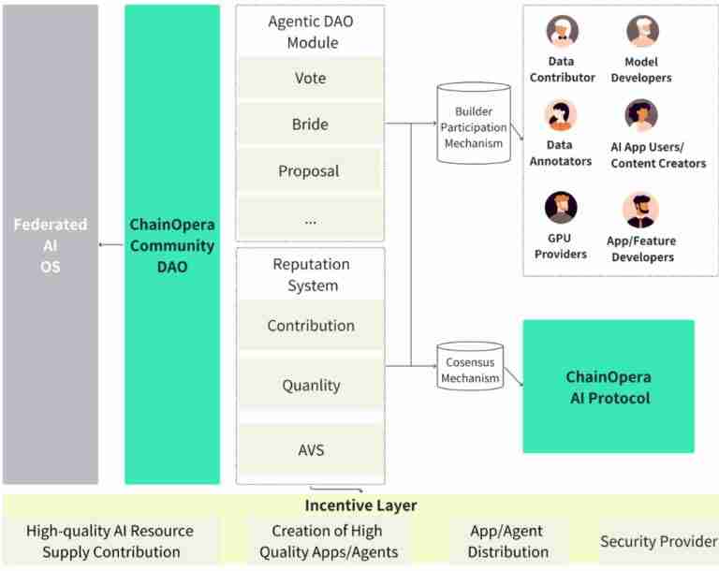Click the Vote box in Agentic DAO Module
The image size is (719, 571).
(x=310, y=79)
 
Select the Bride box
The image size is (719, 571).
(x=310, y=124)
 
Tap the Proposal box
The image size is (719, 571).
(x=309, y=171)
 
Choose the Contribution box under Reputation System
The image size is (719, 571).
(x=310, y=326)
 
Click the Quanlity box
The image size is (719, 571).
(x=310, y=385)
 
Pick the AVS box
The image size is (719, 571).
(x=310, y=449)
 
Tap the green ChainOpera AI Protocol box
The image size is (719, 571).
(x=608, y=387)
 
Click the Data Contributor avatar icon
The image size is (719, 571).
(x=562, y=31)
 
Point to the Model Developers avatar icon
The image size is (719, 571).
(x=642, y=31)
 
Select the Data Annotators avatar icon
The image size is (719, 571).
(x=562, y=116)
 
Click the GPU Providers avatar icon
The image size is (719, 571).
(x=561, y=207)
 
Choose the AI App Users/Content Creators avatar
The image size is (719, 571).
(x=642, y=116)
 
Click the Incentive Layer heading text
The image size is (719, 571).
(x=360, y=505)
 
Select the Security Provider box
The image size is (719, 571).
(x=658, y=541)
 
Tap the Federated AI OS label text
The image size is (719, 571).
(x=51, y=245)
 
